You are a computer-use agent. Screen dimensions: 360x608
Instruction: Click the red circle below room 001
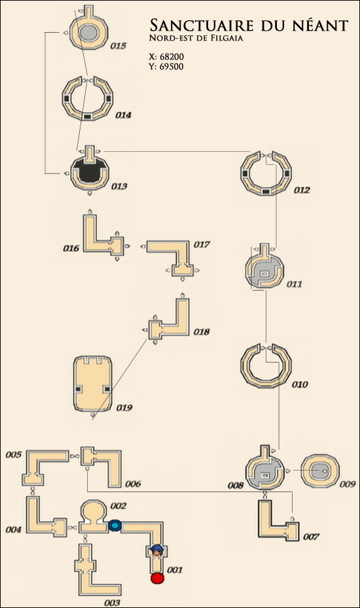tap(158, 578)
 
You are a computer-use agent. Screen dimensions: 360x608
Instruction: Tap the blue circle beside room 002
tap(115, 526)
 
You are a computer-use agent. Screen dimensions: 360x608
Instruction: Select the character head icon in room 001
tap(156, 550)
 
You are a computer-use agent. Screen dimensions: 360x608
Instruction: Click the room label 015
tap(118, 46)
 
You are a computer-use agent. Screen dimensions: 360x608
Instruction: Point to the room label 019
tap(124, 408)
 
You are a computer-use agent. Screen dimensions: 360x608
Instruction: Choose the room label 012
tap(302, 190)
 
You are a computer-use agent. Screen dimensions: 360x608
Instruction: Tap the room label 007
tap(311, 537)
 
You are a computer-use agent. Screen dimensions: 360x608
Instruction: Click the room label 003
tap(112, 602)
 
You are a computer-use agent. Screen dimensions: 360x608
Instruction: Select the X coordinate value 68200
tap(172, 57)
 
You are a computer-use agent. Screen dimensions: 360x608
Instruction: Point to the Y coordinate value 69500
tap(171, 66)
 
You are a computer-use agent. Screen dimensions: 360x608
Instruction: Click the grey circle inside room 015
tap(88, 33)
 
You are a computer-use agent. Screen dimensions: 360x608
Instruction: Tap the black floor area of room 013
tap(89, 171)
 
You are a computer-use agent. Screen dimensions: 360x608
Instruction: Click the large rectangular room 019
tap(93, 384)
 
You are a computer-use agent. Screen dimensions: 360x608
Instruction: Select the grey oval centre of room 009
tap(321, 471)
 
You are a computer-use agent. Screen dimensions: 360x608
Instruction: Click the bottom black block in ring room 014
tap(87, 116)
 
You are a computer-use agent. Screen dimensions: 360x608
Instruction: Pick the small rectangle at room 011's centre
tap(264, 274)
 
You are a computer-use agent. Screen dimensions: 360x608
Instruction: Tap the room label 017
tap(202, 244)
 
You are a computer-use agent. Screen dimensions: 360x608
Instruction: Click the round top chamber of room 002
tap(93, 510)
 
